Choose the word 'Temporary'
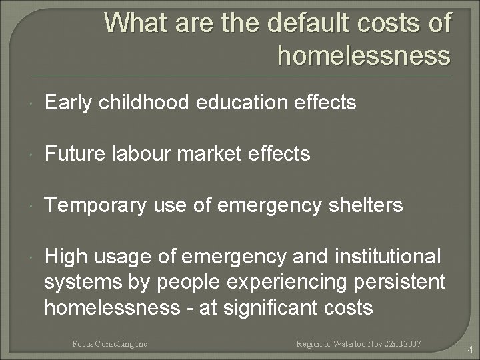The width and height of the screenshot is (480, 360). pos(94,205)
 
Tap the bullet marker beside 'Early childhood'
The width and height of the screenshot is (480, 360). pos(32,104)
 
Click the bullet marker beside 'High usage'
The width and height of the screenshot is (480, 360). pos(32,257)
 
